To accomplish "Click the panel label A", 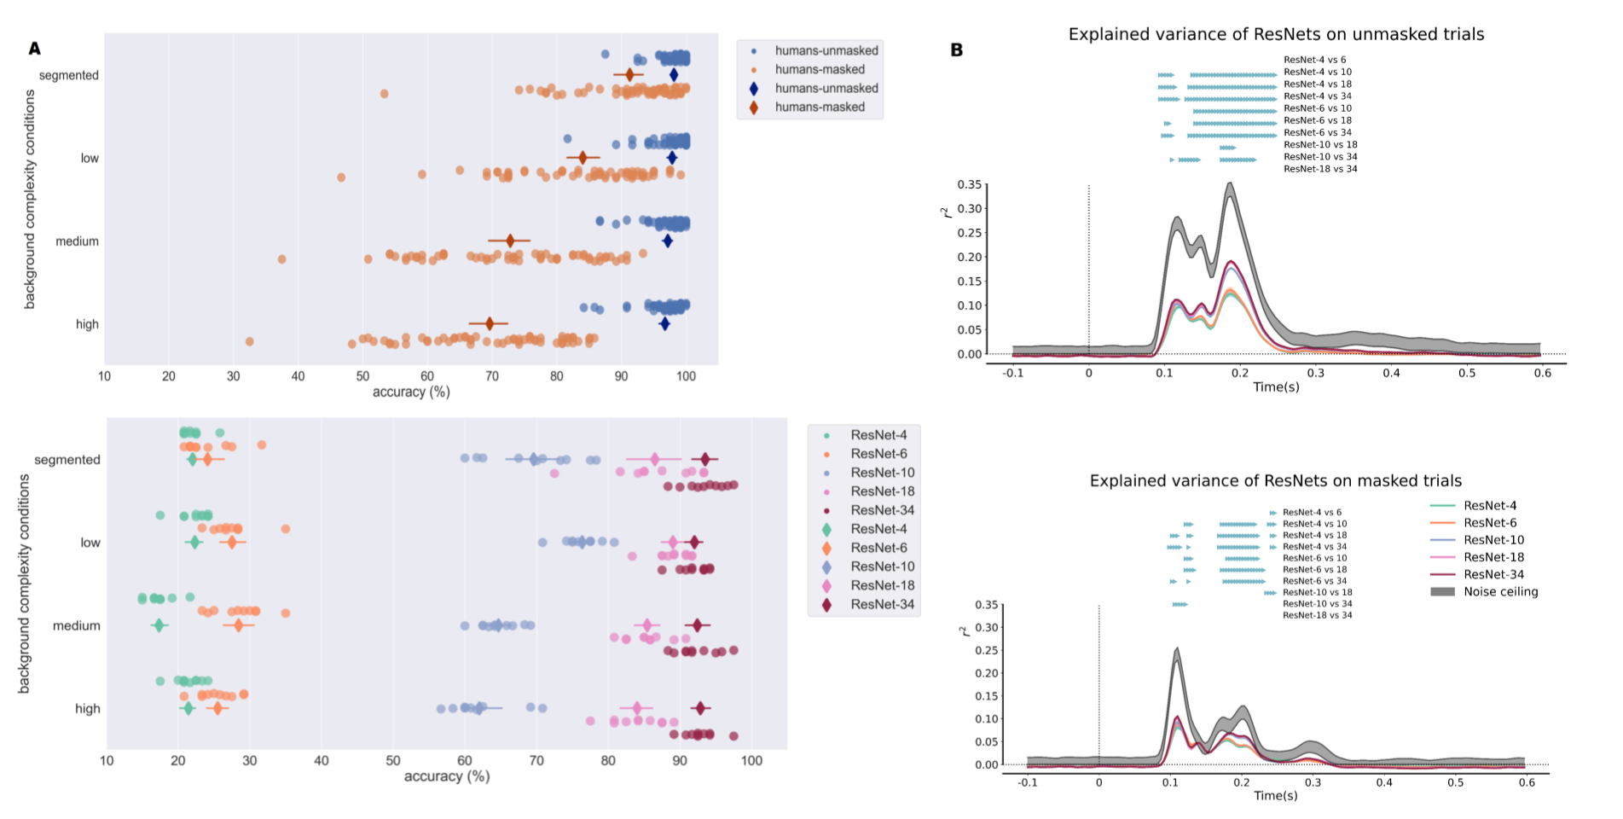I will [x=35, y=49].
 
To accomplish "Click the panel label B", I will [x=957, y=50].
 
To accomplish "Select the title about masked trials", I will [x=1275, y=481].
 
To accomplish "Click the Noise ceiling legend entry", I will [x=1500, y=592].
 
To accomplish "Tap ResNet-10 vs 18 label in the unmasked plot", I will [x=1320, y=145].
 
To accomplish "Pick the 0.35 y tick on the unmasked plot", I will [x=970, y=184].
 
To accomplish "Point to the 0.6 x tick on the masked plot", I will [x=1527, y=782].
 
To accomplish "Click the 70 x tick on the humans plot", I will [x=492, y=376].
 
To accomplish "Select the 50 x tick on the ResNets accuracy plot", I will [x=393, y=761].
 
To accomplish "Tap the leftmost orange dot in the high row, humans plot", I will [x=250, y=341].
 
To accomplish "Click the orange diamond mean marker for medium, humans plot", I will [x=510, y=241].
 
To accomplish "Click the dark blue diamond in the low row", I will [x=672, y=158].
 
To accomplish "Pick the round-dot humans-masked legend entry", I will [x=819, y=70].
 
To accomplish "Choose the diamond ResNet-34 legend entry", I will [x=882, y=605].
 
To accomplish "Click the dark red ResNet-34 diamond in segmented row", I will [x=705, y=460].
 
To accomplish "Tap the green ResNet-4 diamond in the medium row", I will [x=159, y=625].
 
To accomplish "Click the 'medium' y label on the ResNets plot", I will [x=76, y=625].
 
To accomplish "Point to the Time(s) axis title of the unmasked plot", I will [x=1276, y=387].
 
